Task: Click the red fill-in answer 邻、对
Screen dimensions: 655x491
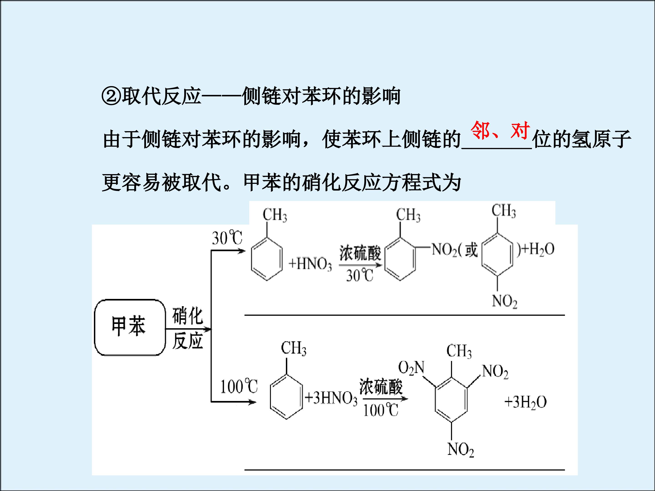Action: coord(500,130)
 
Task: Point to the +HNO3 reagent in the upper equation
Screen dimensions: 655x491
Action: coord(310,264)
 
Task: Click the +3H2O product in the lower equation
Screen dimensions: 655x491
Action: coord(526,403)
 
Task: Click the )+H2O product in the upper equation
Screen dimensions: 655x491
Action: coord(535,249)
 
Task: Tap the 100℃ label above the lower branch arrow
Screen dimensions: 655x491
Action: coord(239,386)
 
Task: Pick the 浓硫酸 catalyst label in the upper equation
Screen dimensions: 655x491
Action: coord(360,253)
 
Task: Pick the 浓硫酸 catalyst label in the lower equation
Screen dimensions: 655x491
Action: coord(381,386)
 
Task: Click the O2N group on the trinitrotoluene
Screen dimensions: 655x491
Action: coord(411,368)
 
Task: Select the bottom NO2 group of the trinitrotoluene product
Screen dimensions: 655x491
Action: coord(461,450)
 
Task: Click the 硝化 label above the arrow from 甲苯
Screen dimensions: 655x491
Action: coord(188,316)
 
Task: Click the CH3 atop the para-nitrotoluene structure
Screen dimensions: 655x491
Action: coord(504,211)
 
